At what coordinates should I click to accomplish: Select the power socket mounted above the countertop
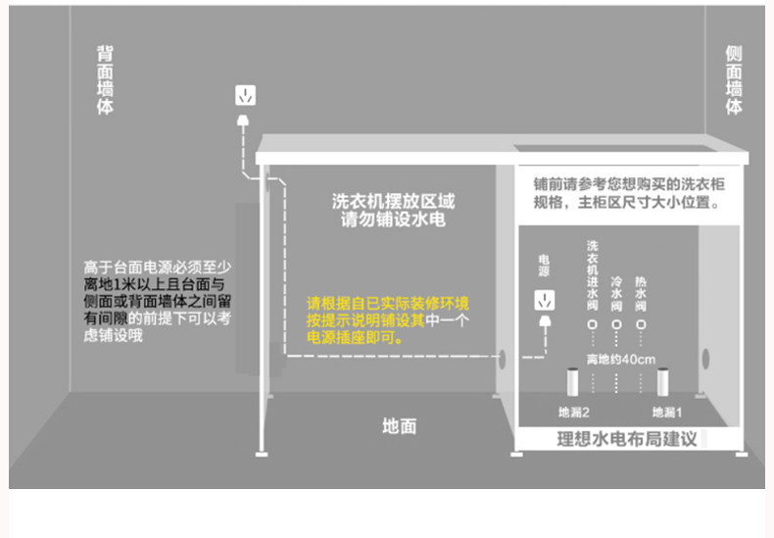point(245,95)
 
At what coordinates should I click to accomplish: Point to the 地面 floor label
point(399,425)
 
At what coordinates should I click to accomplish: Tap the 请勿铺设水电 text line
point(393,220)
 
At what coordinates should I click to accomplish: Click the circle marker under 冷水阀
point(616,323)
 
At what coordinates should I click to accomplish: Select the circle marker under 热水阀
point(641,323)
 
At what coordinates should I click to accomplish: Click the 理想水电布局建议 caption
point(626,439)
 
